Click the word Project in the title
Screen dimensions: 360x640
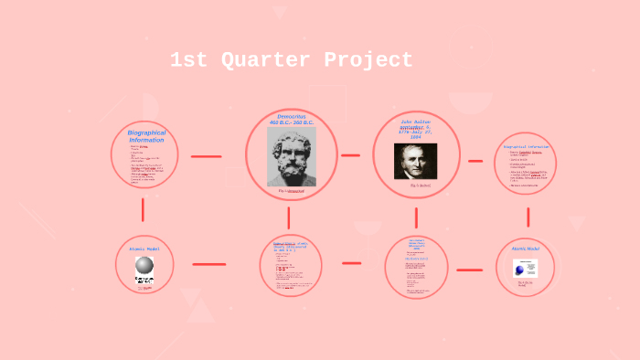click(x=368, y=61)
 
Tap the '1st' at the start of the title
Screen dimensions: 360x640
click(x=188, y=61)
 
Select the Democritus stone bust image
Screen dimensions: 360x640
click(x=291, y=156)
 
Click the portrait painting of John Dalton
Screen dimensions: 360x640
click(x=415, y=161)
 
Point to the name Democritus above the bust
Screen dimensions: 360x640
click(x=291, y=118)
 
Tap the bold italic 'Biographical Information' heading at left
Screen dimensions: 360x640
click(x=146, y=136)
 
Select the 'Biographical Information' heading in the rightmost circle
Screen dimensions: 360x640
click(x=527, y=146)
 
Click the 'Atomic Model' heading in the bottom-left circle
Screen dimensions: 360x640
click(x=144, y=249)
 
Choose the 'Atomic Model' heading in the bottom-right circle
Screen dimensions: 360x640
click(x=525, y=249)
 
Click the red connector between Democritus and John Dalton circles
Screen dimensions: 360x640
click(x=350, y=155)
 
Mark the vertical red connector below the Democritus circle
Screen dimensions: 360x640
click(x=288, y=217)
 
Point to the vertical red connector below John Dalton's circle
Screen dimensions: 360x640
click(x=416, y=217)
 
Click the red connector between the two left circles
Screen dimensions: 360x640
click(x=144, y=209)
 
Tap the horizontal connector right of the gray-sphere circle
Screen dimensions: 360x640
click(x=208, y=264)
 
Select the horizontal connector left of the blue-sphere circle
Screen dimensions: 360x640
click(x=469, y=270)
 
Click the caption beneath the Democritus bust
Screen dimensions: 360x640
click(x=291, y=191)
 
